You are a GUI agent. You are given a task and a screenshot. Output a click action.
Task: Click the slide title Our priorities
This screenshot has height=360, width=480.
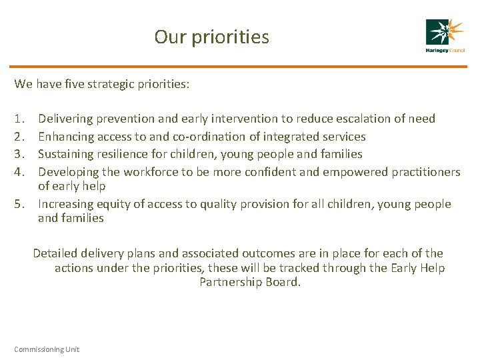click(211, 37)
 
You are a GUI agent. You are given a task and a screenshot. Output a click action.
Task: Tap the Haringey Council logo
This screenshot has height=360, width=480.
click(445, 36)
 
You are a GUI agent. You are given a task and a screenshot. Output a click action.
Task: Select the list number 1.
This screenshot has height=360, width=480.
click(19, 119)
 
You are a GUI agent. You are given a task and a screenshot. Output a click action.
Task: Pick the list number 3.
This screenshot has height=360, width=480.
click(19, 155)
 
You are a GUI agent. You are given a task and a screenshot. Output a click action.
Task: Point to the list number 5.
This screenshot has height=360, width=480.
click(19, 204)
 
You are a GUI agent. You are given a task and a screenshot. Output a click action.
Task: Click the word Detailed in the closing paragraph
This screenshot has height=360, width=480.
click(55, 253)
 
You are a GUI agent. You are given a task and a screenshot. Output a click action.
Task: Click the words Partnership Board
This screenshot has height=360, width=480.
click(250, 283)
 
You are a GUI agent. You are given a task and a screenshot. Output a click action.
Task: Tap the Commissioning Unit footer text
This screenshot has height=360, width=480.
click(47, 349)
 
